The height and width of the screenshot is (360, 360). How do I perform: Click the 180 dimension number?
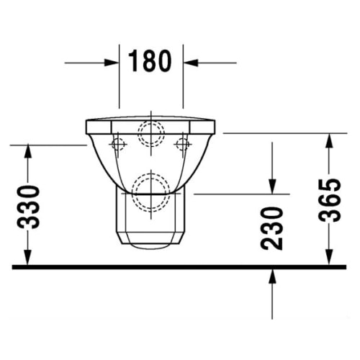(150, 62)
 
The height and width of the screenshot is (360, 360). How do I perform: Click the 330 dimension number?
(29, 207)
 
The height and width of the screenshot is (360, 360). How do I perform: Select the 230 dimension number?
(272, 228)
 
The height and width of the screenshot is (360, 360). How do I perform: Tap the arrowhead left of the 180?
(112, 63)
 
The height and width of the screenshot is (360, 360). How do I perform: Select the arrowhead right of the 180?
(190, 63)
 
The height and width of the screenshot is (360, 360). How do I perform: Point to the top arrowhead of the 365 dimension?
(330, 139)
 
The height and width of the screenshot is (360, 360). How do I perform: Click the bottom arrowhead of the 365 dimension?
(330, 259)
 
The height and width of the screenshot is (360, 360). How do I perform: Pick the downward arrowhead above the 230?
(272, 187)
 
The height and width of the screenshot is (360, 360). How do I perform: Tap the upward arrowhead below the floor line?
(272, 275)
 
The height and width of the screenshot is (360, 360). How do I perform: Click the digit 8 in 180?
(150, 62)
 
